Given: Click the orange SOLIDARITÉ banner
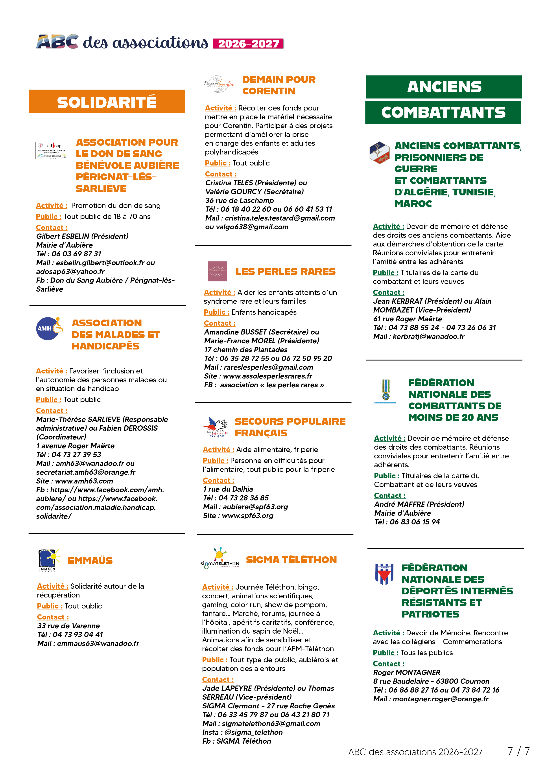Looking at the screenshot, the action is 107,101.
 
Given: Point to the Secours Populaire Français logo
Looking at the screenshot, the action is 216,427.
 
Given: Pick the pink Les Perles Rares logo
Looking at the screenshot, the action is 217,271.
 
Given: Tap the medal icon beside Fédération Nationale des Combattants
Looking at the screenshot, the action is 386,391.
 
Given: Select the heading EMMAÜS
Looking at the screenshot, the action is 90,561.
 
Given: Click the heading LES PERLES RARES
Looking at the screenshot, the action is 286,271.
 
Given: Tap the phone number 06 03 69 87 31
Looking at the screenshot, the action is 76,254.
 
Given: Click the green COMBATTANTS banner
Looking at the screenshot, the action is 443,112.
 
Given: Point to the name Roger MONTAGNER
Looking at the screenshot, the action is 407,672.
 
